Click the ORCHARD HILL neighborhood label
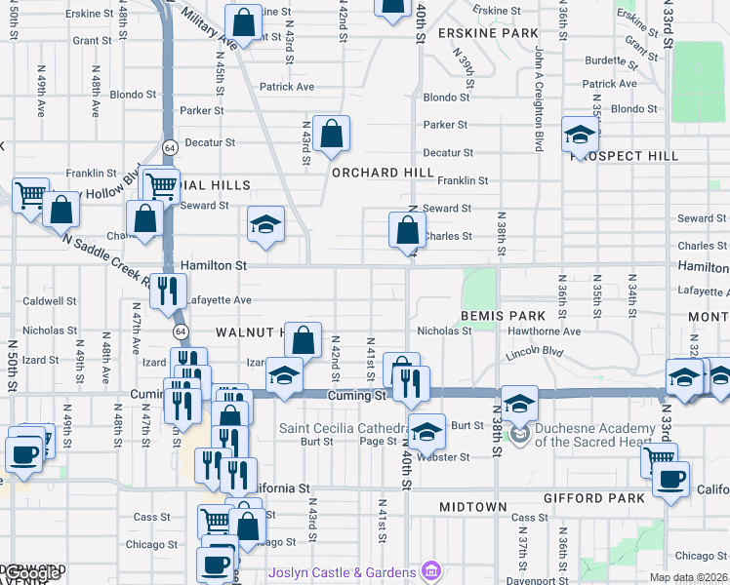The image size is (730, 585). pyautogui.click(x=382, y=173)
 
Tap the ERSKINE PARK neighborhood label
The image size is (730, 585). pyautogui.click(x=488, y=32)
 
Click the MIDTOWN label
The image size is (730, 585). pyautogui.click(x=473, y=507)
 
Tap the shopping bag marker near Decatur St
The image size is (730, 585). pyautogui.click(x=332, y=134)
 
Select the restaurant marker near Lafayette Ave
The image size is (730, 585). pyautogui.click(x=168, y=291)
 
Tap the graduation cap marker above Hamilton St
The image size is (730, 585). pyautogui.click(x=265, y=224)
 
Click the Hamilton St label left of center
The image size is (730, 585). pyautogui.click(x=213, y=265)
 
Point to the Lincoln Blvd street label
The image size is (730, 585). pyautogui.click(x=535, y=352)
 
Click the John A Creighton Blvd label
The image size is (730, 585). pyautogui.click(x=538, y=97)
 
